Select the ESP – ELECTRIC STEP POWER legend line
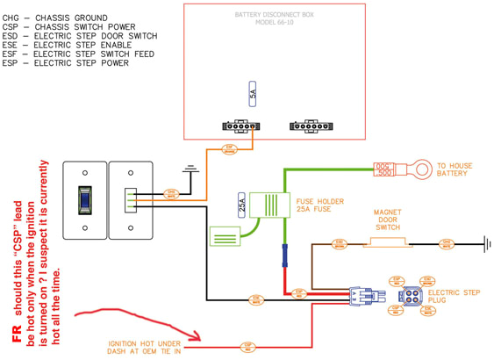pos(66,63)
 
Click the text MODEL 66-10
pos(271,24)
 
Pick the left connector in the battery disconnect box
pos(239,126)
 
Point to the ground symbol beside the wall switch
pos(186,166)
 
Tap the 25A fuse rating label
pos(241,207)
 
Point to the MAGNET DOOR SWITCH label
pos(387,218)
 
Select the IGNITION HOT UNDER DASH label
pos(145,348)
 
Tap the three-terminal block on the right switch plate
pos(130,200)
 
